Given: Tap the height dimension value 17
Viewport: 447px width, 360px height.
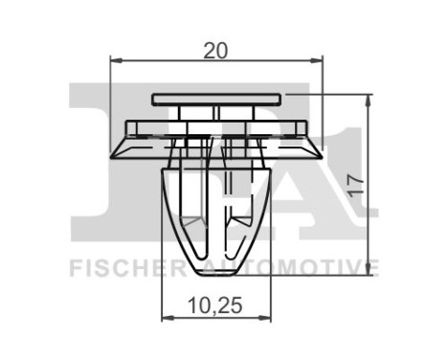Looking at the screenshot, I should coord(355,182).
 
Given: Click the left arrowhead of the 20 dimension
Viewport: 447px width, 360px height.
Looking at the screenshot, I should coord(116,61).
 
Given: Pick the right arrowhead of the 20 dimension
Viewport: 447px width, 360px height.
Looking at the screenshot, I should coord(319,61).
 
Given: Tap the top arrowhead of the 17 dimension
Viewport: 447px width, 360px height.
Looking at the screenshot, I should coord(369,99).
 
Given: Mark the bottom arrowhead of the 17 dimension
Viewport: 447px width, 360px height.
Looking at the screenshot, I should coord(369,270).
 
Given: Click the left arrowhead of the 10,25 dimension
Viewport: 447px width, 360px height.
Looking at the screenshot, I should coord(164,317).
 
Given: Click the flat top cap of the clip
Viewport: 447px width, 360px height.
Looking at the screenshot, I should coord(217,99).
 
